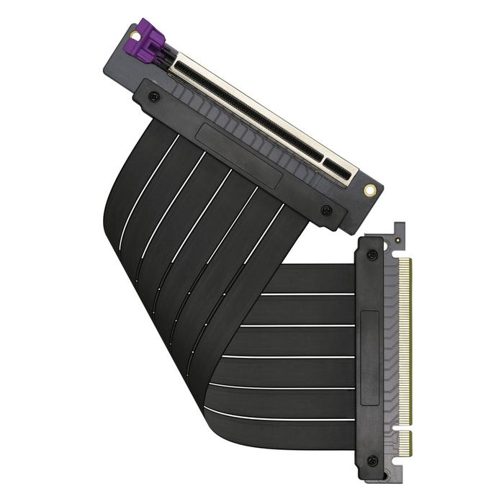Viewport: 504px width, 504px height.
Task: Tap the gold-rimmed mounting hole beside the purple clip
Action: (135, 35)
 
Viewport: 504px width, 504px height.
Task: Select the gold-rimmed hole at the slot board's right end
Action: (369, 191)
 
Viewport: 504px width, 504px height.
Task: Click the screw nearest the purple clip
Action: (153, 96)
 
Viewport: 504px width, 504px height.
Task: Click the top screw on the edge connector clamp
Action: (372, 255)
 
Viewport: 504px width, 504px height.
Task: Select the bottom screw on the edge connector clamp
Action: (372, 460)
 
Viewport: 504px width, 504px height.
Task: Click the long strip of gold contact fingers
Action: (405, 338)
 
